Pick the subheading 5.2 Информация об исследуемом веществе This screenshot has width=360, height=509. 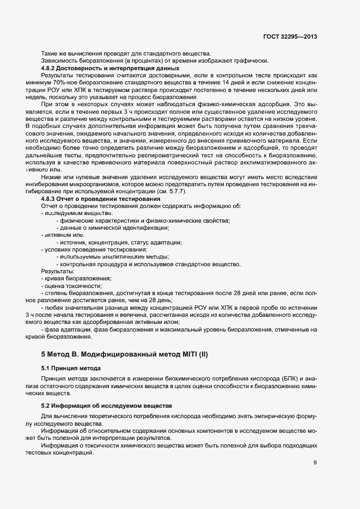[107, 406]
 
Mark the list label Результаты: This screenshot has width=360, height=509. [58, 271]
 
